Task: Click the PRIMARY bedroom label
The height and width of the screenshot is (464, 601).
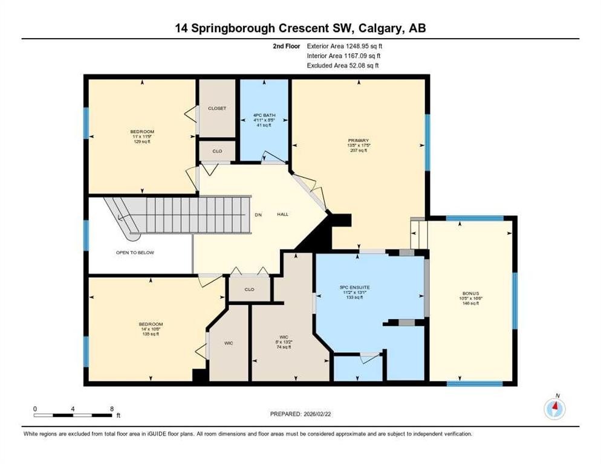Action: [x=357, y=141]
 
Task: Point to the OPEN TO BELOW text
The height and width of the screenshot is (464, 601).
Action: [x=135, y=253]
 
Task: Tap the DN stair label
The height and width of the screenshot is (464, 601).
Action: [x=258, y=215]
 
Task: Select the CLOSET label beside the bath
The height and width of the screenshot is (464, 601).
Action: [x=216, y=109]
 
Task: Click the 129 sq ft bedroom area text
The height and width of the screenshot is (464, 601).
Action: [x=142, y=141]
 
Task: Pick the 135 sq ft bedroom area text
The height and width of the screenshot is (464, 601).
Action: [x=151, y=333]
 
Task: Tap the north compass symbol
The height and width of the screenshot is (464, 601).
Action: [x=554, y=408]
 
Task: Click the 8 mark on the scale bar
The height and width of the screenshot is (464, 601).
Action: [x=112, y=408]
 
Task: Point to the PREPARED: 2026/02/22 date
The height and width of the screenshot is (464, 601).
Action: [x=300, y=414]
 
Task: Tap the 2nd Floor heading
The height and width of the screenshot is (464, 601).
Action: [x=287, y=46]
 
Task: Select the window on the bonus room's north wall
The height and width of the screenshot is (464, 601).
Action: [x=475, y=218]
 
